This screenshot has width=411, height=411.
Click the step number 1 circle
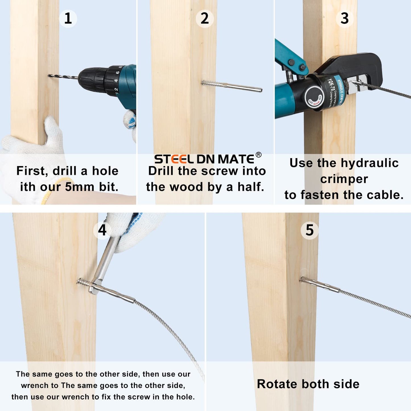tap(68, 18)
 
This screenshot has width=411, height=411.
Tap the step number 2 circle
tap(205, 18)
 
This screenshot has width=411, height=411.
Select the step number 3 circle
tap(344, 18)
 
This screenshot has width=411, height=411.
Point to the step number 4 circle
tap(102, 230)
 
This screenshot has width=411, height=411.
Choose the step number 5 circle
tap(309, 230)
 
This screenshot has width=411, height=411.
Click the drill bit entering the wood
tap(63, 76)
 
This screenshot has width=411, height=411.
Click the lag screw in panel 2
tap(232, 86)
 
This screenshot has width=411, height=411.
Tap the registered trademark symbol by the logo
tap(258, 155)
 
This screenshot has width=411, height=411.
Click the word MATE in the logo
tap(236, 159)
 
